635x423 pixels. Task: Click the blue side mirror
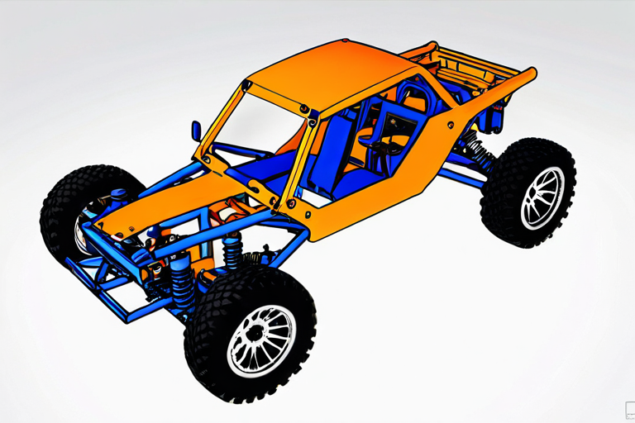point(196,131)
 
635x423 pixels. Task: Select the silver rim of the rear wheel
point(542,197)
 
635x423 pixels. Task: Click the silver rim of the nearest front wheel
point(260,340)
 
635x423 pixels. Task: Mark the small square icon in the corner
point(628,408)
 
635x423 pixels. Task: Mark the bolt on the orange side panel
point(451,125)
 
